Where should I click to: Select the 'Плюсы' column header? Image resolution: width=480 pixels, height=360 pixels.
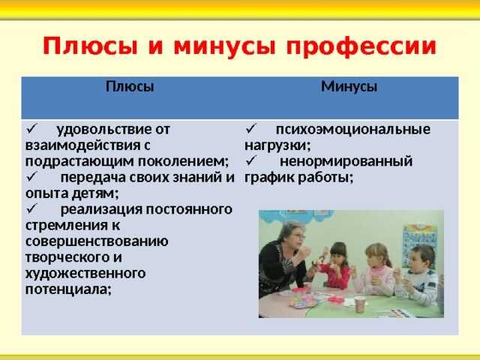click(129, 86)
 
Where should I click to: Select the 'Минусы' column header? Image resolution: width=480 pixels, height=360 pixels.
click(349, 86)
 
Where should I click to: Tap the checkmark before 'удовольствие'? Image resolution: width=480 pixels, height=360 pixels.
click(31, 129)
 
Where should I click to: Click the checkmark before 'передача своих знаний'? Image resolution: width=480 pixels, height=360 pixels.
click(31, 178)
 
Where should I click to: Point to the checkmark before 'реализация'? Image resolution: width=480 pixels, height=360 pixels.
click(31, 209)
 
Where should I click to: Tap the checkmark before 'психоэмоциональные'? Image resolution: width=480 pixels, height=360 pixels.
click(250, 129)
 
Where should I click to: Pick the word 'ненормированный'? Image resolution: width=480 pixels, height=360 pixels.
click(346, 161)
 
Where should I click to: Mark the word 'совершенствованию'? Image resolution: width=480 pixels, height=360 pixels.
click(97, 241)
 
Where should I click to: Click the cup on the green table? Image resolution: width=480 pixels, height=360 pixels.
click(359, 304)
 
